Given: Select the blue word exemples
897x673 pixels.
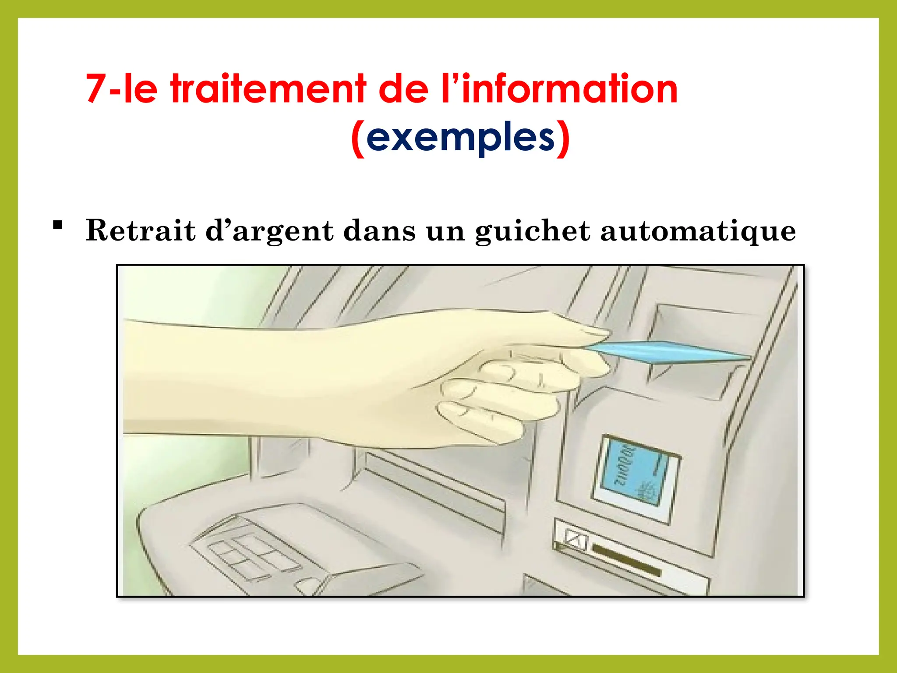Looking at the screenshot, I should [461, 138].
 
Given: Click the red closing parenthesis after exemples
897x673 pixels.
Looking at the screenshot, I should [563, 139].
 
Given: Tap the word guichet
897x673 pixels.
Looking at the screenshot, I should [532, 231].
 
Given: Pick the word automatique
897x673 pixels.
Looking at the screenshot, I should [698, 231].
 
